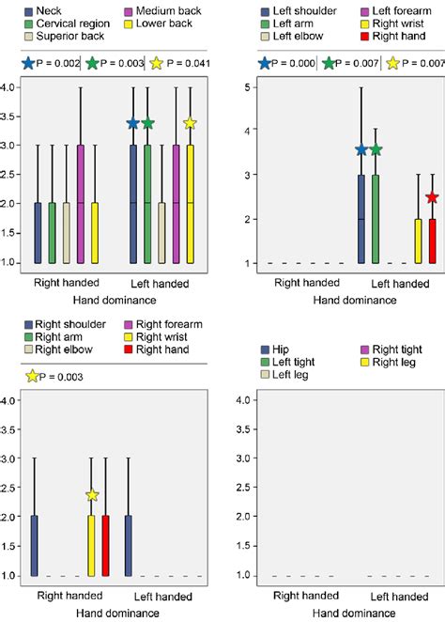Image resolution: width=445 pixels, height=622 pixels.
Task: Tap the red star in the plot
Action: [x=432, y=197]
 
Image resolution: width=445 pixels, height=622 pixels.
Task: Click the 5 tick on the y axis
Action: [x=247, y=87]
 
